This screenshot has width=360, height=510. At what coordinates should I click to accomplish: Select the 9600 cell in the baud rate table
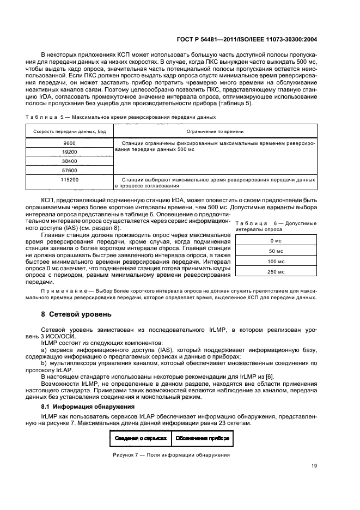coord(69,143)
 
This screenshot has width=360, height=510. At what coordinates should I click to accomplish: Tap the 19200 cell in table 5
coord(69,152)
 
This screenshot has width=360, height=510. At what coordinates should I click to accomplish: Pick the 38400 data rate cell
coord(69,161)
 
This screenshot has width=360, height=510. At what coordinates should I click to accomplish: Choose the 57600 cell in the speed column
coord(69,171)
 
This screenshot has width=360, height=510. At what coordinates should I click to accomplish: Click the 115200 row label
coord(69,179)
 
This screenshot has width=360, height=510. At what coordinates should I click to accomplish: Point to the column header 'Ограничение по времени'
coord(215,131)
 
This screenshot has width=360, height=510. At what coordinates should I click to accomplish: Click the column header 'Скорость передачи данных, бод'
coord(69,131)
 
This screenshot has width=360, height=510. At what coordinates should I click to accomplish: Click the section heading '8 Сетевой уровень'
coord(76,314)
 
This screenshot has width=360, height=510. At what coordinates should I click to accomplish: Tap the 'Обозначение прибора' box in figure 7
coord(203,438)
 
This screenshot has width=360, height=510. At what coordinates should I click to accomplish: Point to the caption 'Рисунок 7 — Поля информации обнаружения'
coord(172,455)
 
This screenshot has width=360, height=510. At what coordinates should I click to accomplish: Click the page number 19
coord(314,466)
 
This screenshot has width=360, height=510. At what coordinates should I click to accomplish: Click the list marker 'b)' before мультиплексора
coord(44,362)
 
